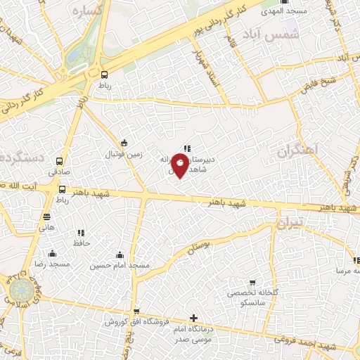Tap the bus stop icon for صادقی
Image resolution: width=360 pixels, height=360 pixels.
click(59, 161)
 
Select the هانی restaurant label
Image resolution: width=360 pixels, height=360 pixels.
click(46, 228)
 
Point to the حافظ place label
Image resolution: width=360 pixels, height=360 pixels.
click(80, 243)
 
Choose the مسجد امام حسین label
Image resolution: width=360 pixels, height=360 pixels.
click(120, 265)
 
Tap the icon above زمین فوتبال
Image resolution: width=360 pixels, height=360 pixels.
click(124, 143)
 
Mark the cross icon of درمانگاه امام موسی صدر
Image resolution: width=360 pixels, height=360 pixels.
click(194, 318)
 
